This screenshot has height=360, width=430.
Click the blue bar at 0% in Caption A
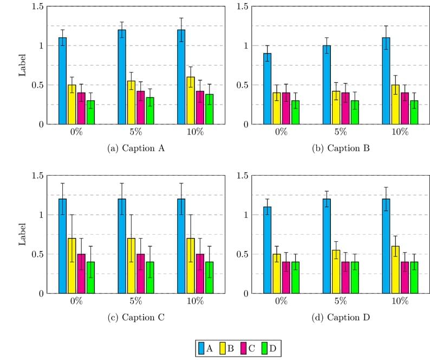point(62,81)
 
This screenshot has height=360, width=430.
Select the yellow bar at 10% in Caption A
point(191,101)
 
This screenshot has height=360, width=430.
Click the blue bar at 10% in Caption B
point(385,81)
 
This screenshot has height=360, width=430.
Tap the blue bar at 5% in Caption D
point(326,246)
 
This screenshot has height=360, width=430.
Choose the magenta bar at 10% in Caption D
point(405,278)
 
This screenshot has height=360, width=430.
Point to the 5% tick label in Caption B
point(341,132)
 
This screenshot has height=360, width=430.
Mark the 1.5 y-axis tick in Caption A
point(37,7)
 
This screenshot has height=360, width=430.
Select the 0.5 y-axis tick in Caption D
point(242,254)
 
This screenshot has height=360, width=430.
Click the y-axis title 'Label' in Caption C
point(22,235)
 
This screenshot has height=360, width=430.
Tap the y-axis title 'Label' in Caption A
point(22,66)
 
